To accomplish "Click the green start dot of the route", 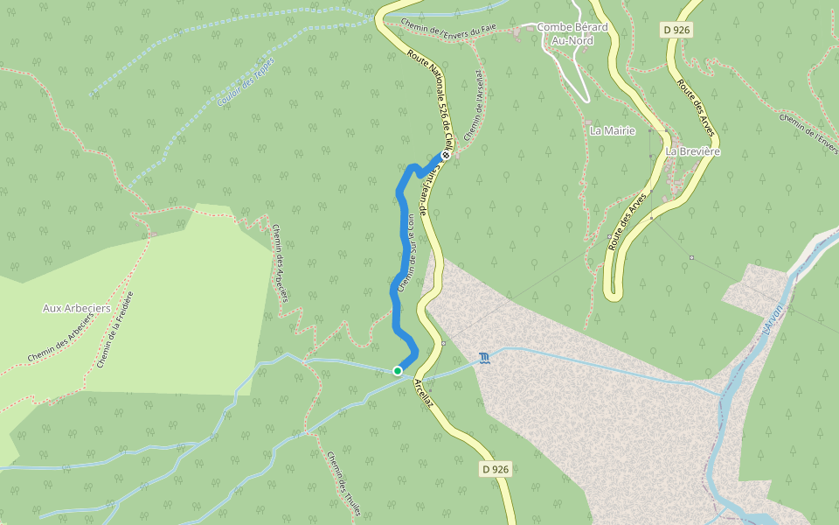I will pyautogui.click(x=398, y=371).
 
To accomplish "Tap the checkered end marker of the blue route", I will pyautogui.click(x=446, y=155).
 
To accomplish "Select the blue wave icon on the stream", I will pyautogui.click(x=484, y=359).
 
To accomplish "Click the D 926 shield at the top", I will pyautogui.click(x=676, y=30).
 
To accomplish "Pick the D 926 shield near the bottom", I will pyautogui.click(x=495, y=469).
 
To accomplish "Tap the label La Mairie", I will pyautogui.click(x=613, y=130).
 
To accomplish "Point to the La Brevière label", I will pyautogui.click(x=692, y=151).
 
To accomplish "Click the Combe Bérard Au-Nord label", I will pyautogui.click(x=572, y=33).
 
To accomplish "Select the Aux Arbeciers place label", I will pyautogui.click(x=77, y=308).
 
